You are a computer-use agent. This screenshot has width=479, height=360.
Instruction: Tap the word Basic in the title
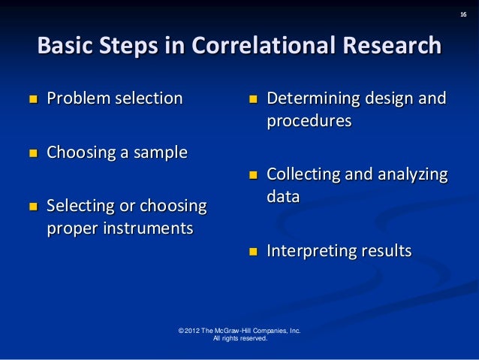[65, 47]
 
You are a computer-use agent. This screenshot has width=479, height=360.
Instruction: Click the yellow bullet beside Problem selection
[33, 98]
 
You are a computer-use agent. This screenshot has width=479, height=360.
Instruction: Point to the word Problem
[78, 98]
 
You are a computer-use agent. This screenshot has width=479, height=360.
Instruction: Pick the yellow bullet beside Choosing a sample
[33, 154]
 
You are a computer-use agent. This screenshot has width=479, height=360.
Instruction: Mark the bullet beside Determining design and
[254, 99]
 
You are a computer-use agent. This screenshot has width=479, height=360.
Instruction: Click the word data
[284, 197]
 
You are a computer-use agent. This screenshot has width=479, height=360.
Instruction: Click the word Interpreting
[310, 251]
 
